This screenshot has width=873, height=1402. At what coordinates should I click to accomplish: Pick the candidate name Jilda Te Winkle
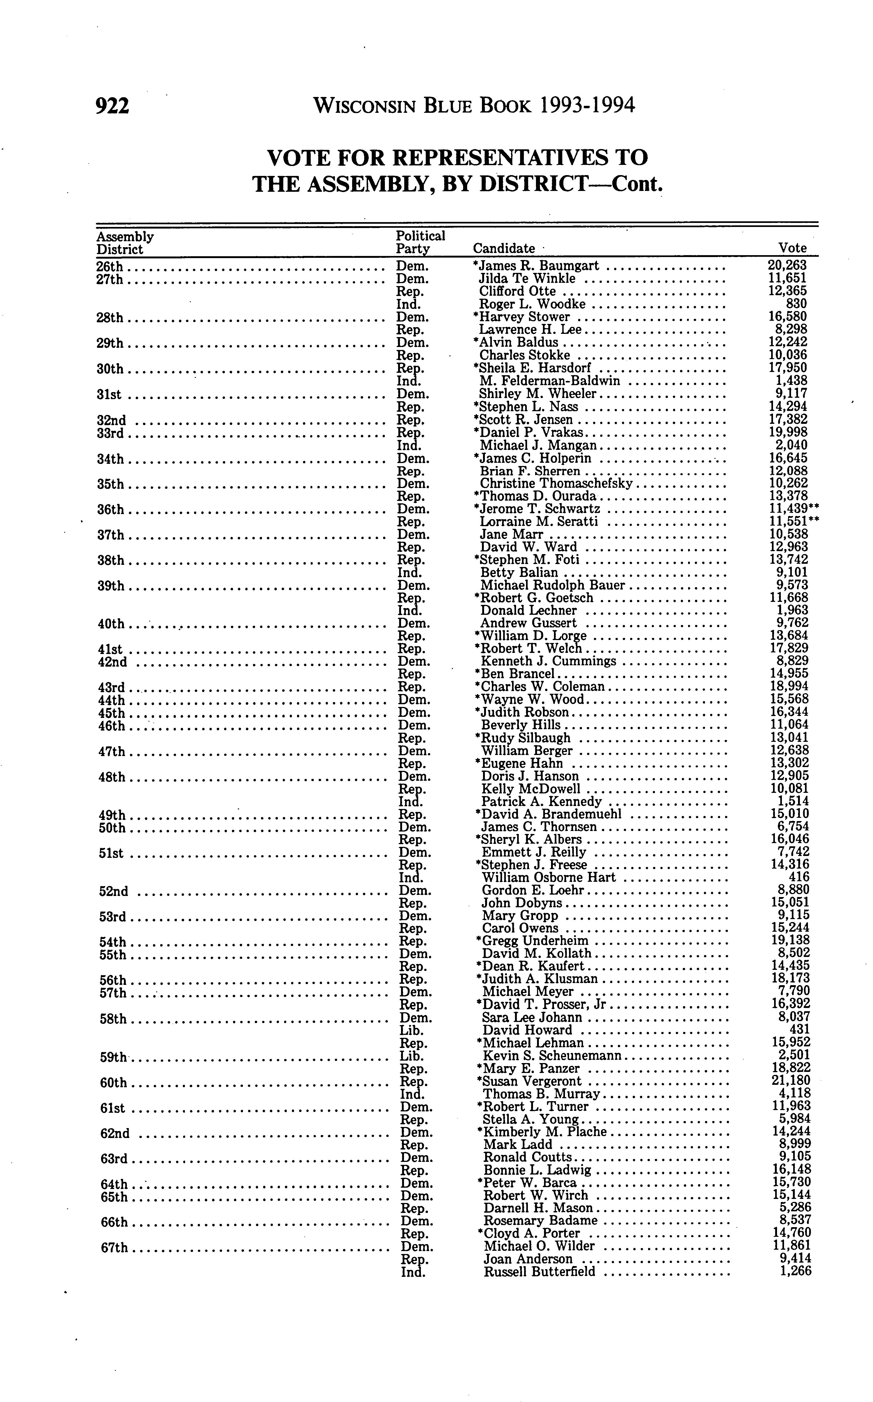[527, 279]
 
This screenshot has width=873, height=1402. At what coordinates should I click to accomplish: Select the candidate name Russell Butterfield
[539, 1272]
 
